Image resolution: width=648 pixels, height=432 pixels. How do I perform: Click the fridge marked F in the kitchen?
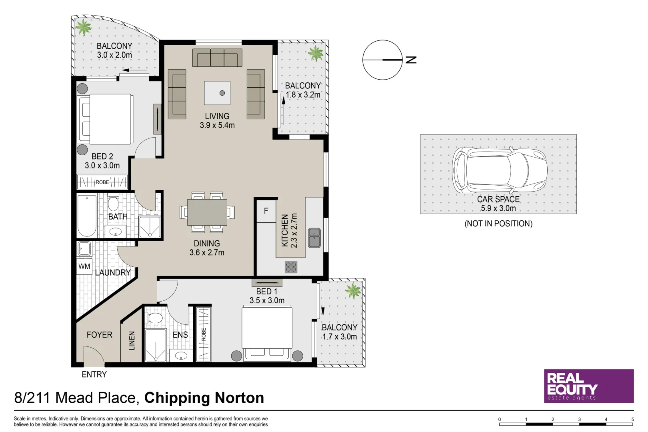(x=266, y=211)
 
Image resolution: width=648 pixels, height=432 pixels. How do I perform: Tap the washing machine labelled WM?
(x=84, y=266)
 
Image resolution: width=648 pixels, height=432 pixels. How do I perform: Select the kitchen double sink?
(x=314, y=238)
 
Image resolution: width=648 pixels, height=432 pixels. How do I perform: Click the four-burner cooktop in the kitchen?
(x=291, y=267)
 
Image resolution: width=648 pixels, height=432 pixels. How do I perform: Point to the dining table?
(x=207, y=212)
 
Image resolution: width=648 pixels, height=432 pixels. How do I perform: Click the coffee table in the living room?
(x=217, y=93)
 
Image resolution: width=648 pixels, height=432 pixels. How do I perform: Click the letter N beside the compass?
(x=411, y=60)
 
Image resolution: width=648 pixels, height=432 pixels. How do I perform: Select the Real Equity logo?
(x=589, y=386)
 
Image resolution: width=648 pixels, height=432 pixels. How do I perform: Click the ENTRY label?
(x=94, y=374)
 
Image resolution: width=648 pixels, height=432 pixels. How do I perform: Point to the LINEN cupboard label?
(x=132, y=341)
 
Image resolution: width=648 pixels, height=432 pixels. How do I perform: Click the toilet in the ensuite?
(x=155, y=318)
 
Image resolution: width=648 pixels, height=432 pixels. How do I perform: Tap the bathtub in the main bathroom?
(x=87, y=216)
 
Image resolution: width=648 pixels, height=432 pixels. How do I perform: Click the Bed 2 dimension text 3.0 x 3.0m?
(x=102, y=166)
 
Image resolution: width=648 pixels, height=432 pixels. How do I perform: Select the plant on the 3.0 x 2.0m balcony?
(x=83, y=27)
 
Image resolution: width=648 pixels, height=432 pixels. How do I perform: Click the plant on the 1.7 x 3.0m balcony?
(x=353, y=291)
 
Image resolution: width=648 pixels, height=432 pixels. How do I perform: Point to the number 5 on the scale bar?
(x=633, y=419)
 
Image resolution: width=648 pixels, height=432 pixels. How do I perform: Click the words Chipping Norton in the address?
(x=204, y=398)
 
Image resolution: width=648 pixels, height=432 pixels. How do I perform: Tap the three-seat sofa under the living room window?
(x=217, y=58)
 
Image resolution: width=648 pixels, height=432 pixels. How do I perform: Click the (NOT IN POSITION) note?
(x=498, y=223)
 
